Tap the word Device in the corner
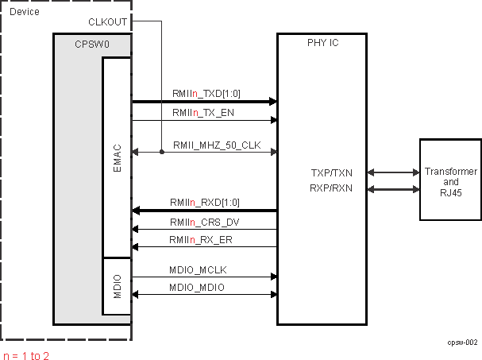coord(25,11)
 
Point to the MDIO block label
coord(117,284)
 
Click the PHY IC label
coord(322,43)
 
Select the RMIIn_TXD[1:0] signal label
coord(206,94)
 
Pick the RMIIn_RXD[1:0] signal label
coord(205,203)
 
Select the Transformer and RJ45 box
coord(451,180)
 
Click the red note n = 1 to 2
coord(26,354)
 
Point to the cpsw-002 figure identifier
coord(461,342)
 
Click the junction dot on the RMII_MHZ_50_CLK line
coord(161,152)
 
